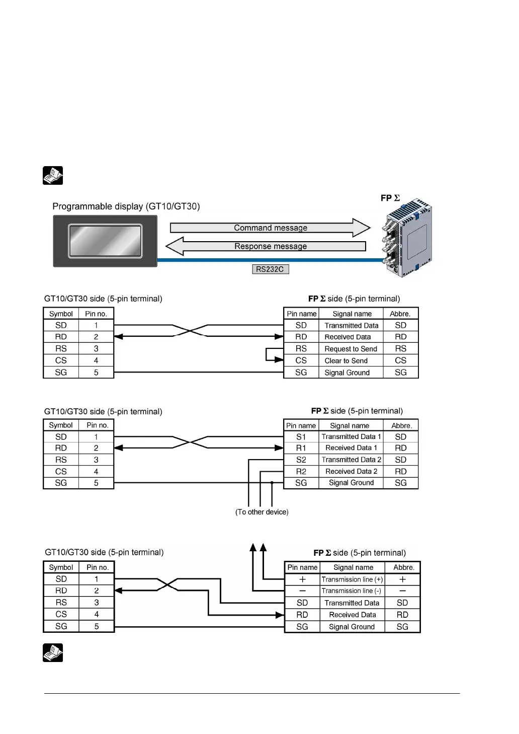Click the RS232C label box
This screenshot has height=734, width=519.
pos(270,269)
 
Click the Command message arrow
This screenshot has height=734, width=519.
pos(270,228)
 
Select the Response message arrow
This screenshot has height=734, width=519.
pos(270,246)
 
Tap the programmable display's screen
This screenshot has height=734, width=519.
pos(105,241)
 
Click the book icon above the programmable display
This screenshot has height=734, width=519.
pos(53,176)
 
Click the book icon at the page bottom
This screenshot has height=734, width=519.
pos(53,653)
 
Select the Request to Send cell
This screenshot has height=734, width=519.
pos(351,349)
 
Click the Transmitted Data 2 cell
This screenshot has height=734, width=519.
pos(351,460)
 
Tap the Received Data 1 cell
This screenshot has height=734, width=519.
pos(351,448)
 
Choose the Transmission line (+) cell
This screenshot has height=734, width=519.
pos(352,579)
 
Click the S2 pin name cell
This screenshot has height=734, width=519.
pos(301,460)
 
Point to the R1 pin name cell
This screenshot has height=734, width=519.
pos(301,448)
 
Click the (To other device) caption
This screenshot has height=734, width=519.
pos(262,512)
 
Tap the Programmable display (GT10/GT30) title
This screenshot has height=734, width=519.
pos(126,206)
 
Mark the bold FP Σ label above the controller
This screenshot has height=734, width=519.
pos(390,198)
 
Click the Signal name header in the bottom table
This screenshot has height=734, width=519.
pos(353,567)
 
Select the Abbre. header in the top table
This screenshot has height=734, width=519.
pos(400,314)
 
